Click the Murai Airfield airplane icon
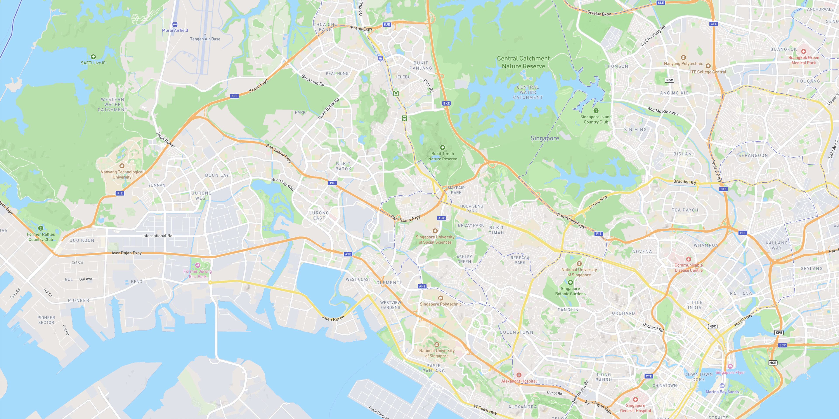(175, 24)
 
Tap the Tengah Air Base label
(205, 39)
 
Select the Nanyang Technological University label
(122, 175)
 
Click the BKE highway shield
(446, 103)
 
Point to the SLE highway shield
(660, 3)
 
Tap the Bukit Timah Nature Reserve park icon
(442, 147)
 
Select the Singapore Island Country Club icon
(596, 110)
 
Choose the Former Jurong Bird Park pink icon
(197, 265)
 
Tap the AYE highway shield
(348, 254)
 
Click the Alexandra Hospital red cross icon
(519, 375)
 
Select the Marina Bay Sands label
(722, 392)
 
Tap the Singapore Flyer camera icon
(730, 366)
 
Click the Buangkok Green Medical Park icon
(804, 51)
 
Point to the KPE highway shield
(778, 333)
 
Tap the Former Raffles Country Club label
(41, 237)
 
